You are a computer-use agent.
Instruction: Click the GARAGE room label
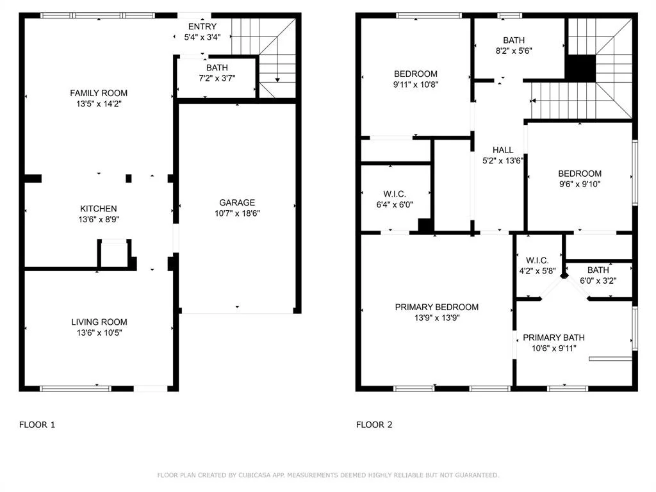pyautogui.click(x=237, y=202)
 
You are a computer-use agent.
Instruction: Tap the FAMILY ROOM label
pyautogui.click(x=99, y=93)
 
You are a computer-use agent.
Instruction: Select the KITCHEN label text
pyautogui.click(x=98, y=209)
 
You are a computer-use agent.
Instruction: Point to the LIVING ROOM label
pyautogui.click(x=99, y=322)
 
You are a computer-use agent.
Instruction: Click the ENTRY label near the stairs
pyautogui.click(x=202, y=26)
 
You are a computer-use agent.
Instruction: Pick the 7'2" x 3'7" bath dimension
pyautogui.click(x=217, y=78)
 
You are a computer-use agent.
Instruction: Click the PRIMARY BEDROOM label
pyautogui.click(x=437, y=307)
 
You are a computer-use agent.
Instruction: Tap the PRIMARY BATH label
pyautogui.click(x=554, y=338)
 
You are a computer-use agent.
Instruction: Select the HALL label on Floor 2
pyautogui.click(x=503, y=150)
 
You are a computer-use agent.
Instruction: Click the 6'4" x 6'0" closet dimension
pyautogui.click(x=395, y=204)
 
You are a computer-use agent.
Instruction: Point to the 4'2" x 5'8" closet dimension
pyautogui.click(x=537, y=271)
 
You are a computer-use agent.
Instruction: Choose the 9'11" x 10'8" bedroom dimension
pyautogui.click(x=415, y=85)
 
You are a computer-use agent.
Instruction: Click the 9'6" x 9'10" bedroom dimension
pyautogui.click(x=580, y=184)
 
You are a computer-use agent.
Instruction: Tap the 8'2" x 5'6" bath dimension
pyautogui.click(x=514, y=51)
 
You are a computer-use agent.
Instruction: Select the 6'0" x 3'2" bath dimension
pyautogui.click(x=598, y=281)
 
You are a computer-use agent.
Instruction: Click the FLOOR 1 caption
pyautogui.click(x=37, y=425)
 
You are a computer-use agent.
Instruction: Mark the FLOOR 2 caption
pyautogui.click(x=374, y=425)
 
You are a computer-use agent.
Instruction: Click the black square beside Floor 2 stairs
pyautogui.click(x=580, y=68)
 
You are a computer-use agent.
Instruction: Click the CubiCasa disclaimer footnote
pyautogui.click(x=328, y=475)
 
